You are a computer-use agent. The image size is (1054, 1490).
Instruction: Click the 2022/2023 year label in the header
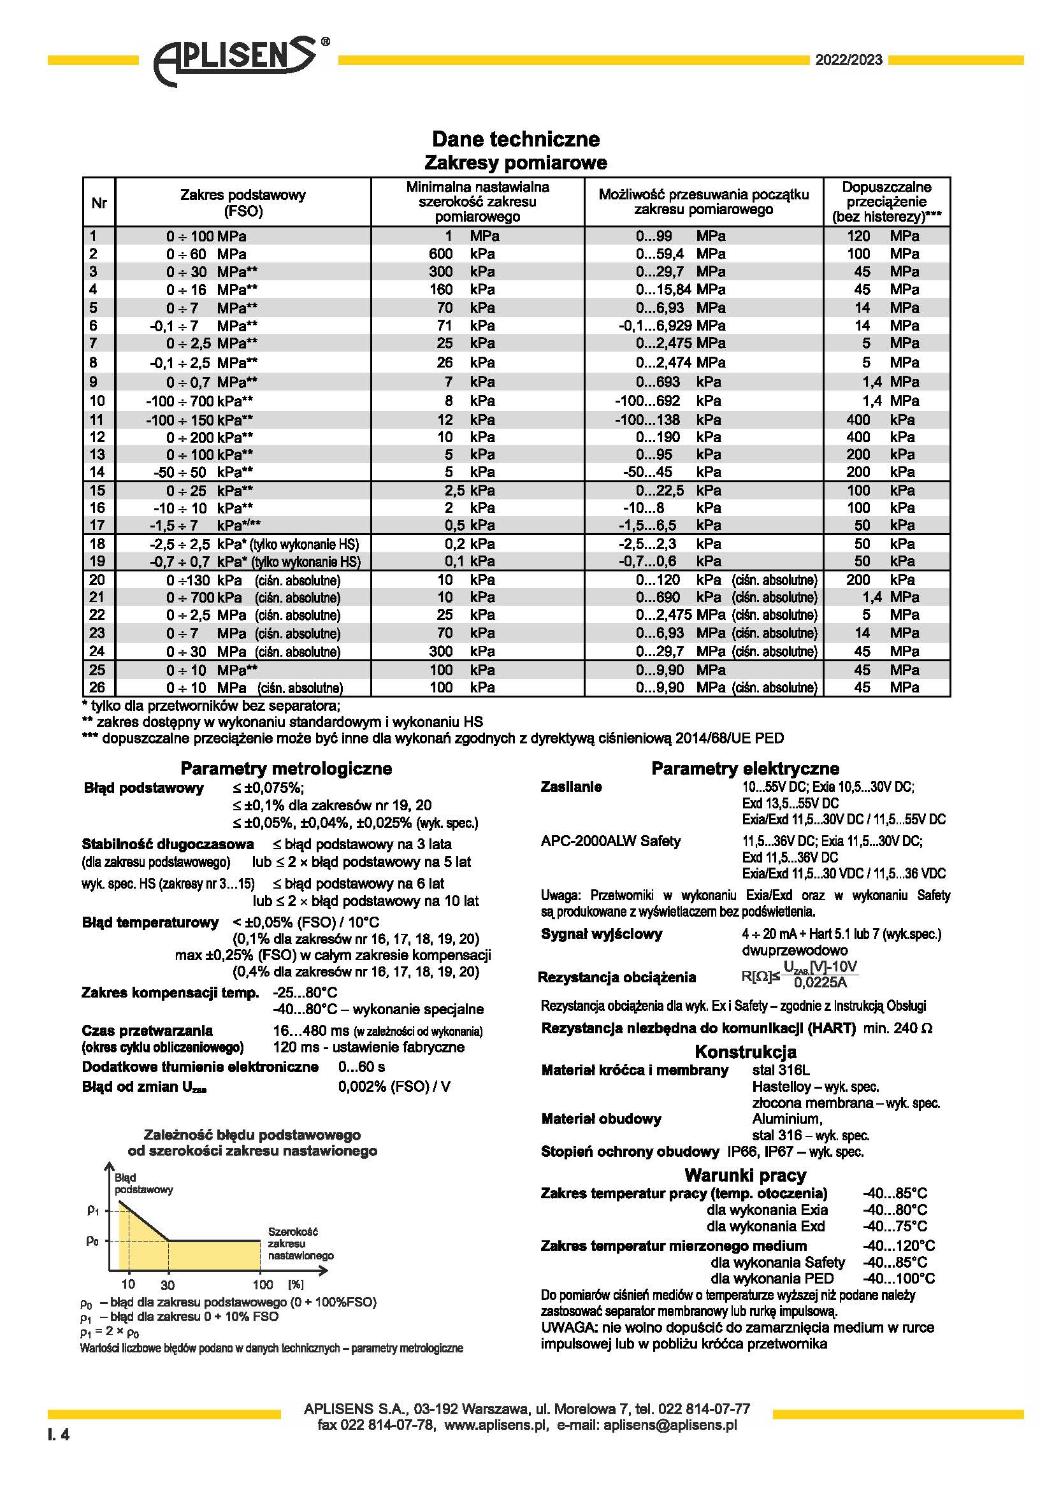click(848, 61)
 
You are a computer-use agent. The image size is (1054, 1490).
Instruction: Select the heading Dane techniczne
click(516, 139)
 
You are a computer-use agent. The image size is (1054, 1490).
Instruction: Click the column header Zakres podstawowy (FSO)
click(243, 203)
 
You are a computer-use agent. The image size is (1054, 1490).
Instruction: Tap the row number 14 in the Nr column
click(97, 472)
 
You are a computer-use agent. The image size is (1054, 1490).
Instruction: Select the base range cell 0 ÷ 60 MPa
click(206, 254)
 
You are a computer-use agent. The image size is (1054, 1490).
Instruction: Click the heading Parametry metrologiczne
click(286, 768)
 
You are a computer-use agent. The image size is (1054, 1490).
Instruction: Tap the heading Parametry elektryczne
click(745, 768)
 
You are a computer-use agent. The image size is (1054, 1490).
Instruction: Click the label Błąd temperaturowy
click(150, 922)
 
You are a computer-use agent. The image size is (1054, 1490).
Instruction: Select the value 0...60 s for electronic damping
click(361, 1067)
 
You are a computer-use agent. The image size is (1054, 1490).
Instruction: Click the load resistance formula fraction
click(819, 975)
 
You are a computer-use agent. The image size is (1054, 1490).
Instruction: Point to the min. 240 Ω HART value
click(898, 1029)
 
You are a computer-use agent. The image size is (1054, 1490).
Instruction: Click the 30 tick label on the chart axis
click(168, 1285)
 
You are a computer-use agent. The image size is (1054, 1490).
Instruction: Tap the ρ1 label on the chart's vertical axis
click(93, 1210)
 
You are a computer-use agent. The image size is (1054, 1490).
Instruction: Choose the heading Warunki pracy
click(745, 1175)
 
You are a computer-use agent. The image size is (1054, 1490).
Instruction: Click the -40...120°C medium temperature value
click(899, 1245)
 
